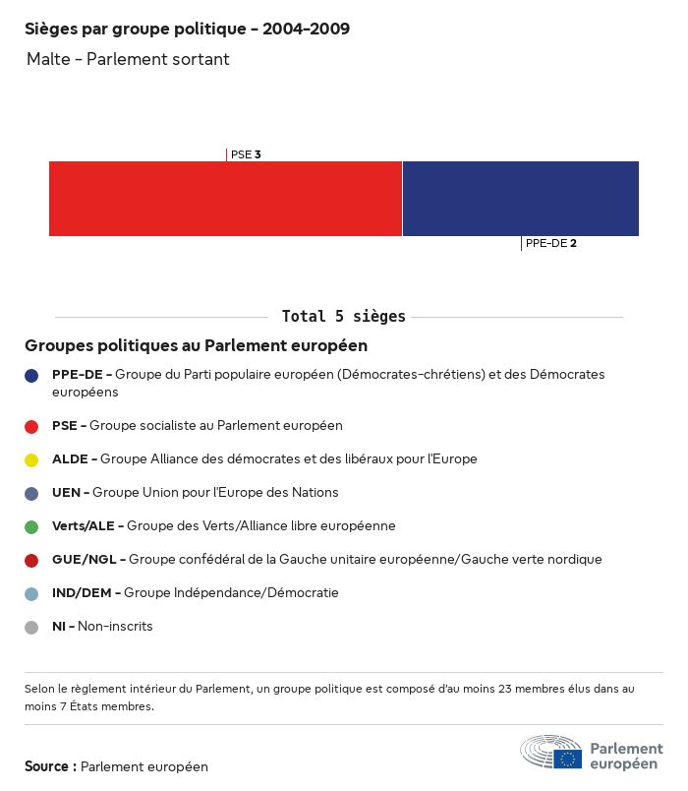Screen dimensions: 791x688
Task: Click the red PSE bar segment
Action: (x=225, y=199)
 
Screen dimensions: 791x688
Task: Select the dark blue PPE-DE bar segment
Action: (x=520, y=199)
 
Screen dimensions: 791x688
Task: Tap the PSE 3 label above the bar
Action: (x=245, y=154)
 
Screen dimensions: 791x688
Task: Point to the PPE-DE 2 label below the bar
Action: (x=550, y=243)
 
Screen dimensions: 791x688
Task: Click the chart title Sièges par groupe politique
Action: (x=187, y=30)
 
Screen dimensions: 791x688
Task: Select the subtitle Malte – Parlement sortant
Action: (x=128, y=59)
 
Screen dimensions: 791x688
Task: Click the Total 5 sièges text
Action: (x=343, y=317)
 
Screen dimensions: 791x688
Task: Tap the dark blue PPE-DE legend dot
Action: (x=31, y=375)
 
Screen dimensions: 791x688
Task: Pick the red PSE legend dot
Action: (x=31, y=426)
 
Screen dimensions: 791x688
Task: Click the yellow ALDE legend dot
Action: (x=31, y=459)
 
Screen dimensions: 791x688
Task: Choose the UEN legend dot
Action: (x=31, y=493)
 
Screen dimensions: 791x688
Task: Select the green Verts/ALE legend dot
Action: (x=31, y=526)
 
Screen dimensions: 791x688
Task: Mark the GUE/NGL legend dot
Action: (x=31, y=560)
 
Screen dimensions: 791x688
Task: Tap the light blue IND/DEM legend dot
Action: (x=31, y=593)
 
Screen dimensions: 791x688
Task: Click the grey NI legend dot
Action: (x=31, y=627)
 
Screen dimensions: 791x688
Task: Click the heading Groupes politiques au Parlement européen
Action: (x=196, y=345)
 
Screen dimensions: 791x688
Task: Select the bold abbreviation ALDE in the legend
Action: (x=70, y=459)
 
